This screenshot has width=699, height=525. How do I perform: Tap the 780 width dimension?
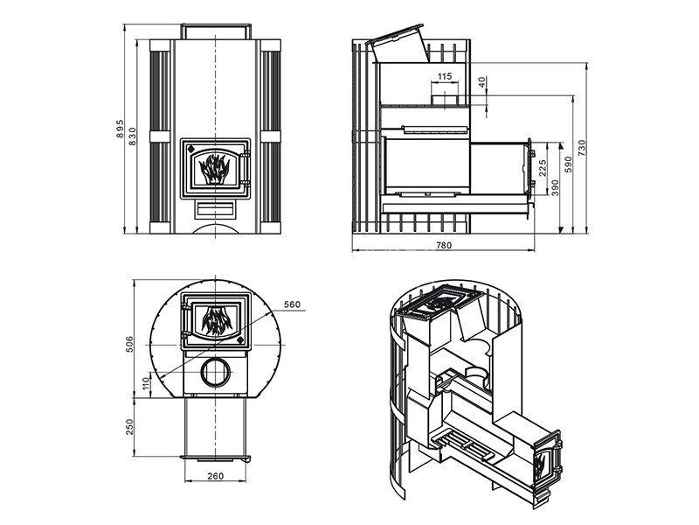tap(443, 246)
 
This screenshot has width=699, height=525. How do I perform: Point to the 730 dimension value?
tap(581, 146)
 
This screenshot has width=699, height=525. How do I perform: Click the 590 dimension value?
tap(567, 164)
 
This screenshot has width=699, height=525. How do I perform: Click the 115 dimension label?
tap(444, 77)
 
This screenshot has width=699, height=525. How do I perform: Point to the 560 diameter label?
tap(292, 304)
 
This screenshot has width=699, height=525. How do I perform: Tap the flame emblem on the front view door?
tap(214, 165)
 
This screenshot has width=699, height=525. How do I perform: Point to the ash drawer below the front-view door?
tap(214, 210)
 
